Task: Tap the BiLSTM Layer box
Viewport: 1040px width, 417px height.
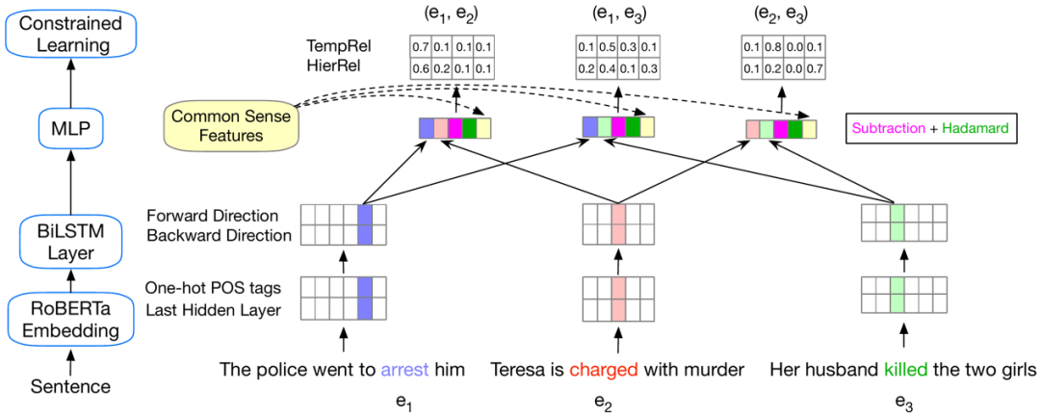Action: (69, 241)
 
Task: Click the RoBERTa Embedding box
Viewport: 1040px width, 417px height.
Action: (69, 319)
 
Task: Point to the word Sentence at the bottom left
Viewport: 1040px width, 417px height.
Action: (69, 386)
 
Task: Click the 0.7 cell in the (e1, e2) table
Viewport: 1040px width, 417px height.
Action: (420, 47)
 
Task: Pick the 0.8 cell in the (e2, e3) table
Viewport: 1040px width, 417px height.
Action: (773, 47)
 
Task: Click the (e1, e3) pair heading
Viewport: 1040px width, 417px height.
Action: (608, 14)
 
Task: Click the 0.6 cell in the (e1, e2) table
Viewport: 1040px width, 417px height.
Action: (420, 67)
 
